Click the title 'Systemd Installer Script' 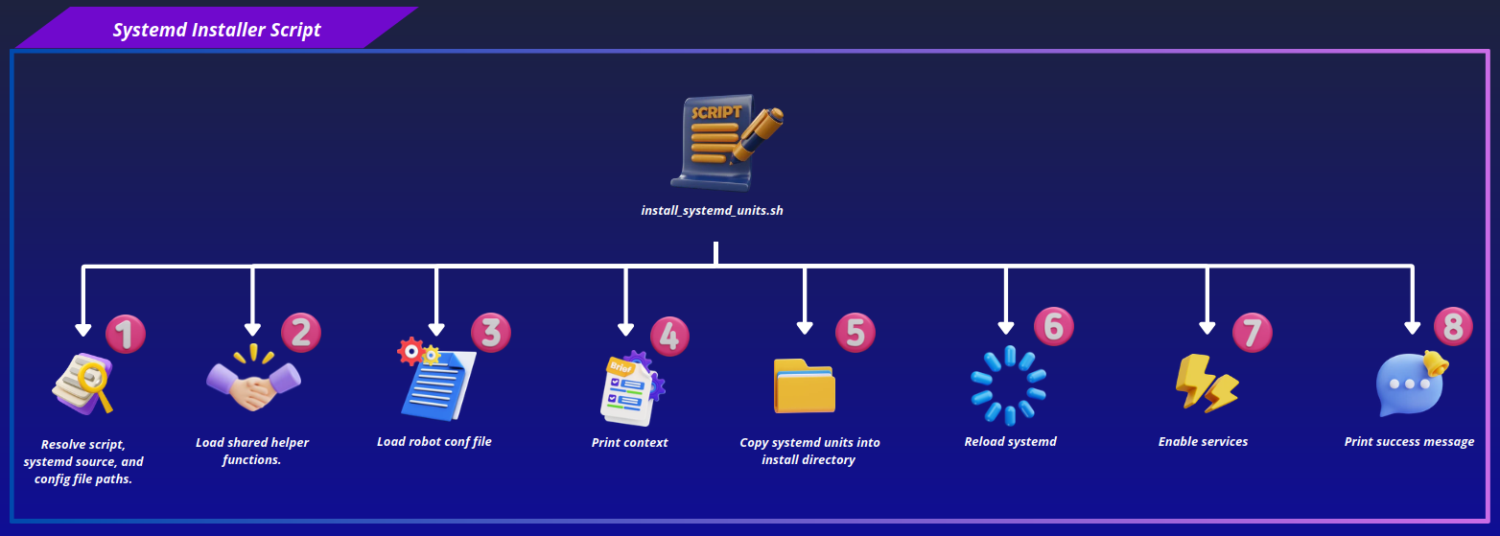[217, 30]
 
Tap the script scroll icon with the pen [727, 142]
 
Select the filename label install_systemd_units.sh [712, 210]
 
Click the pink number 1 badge [126, 334]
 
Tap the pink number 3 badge [491, 332]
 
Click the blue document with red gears [436, 379]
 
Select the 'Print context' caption [629, 442]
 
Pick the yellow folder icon [805, 386]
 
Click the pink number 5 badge [855, 332]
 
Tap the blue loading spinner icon [1009, 385]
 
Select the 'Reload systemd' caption [1011, 442]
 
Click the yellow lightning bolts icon [1207, 384]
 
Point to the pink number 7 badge [1253, 333]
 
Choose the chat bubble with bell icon [1412, 384]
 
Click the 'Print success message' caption [1409, 442]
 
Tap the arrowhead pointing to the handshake [252, 329]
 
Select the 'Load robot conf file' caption [434, 442]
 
